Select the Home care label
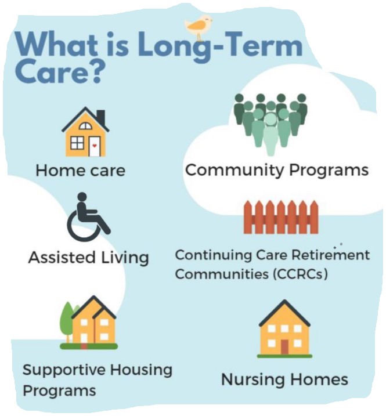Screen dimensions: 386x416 coord(81,171)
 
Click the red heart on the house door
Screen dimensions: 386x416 coord(94,145)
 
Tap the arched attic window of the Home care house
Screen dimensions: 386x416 coord(85,126)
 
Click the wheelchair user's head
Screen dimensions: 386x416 coord(82,197)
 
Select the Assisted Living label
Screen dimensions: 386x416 coord(88,258)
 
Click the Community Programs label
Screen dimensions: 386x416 coord(277,170)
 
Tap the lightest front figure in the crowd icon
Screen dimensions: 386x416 coord(270,134)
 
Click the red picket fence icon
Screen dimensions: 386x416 coord(281,217)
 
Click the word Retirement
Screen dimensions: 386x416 coord(331,255)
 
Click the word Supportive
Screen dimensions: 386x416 coord(65,370)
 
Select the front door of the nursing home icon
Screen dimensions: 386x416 coord(284,347)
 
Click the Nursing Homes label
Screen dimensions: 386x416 coord(284,379)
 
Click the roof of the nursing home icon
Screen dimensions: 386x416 coord(284,313)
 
